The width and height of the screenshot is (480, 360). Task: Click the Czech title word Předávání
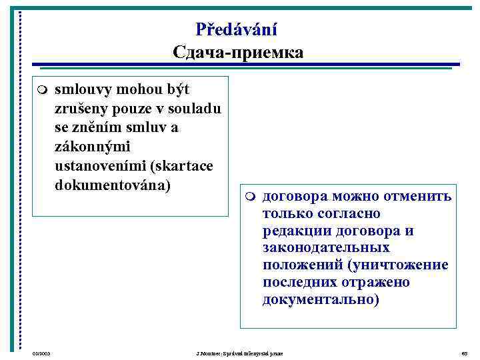click(237, 29)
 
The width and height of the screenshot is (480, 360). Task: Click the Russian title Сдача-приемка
click(237, 52)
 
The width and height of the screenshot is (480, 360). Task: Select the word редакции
click(295, 231)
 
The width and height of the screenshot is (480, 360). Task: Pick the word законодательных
click(326, 249)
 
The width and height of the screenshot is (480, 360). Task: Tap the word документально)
click(321, 300)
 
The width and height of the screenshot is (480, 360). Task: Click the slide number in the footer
click(465, 352)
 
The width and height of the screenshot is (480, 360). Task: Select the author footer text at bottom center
click(236, 352)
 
